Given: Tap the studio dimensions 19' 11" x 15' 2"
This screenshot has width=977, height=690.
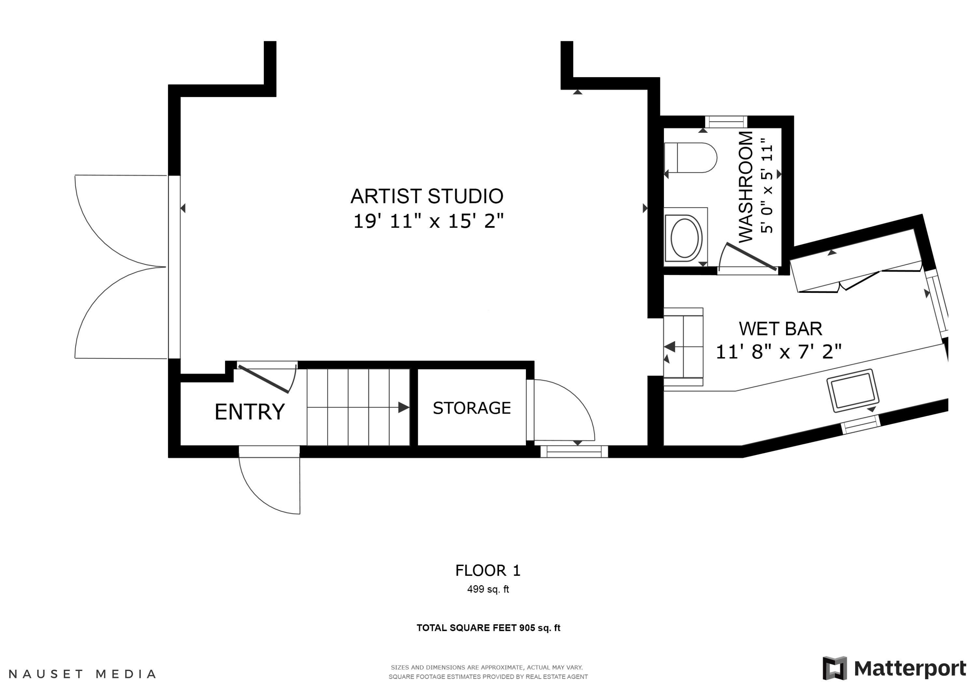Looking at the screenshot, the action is pos(428,221).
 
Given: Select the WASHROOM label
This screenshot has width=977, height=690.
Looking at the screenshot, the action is pos(745,187).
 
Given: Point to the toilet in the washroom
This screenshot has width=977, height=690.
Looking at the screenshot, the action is pos(690,158).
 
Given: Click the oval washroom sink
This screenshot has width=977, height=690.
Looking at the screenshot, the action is pos(684,238).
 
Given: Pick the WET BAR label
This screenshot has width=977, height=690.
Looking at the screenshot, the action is pos(780,329).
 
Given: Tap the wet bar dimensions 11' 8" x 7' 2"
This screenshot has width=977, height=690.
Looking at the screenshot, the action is pos(779,352).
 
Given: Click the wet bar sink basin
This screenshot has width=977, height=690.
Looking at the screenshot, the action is pos(853,391).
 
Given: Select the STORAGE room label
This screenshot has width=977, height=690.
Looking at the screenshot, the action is pos(472,408).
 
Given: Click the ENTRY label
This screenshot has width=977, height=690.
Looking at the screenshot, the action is pos(249,412).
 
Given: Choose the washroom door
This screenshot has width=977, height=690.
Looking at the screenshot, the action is pos(751,257).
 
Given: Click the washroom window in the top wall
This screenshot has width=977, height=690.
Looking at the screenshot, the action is pos(726,122).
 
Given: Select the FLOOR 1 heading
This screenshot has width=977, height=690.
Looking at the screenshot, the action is pos(488,571).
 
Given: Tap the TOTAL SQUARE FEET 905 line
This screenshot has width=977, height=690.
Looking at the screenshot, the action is pos(488,628).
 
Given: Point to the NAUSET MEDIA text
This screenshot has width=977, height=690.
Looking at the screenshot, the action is pos(82,674).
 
